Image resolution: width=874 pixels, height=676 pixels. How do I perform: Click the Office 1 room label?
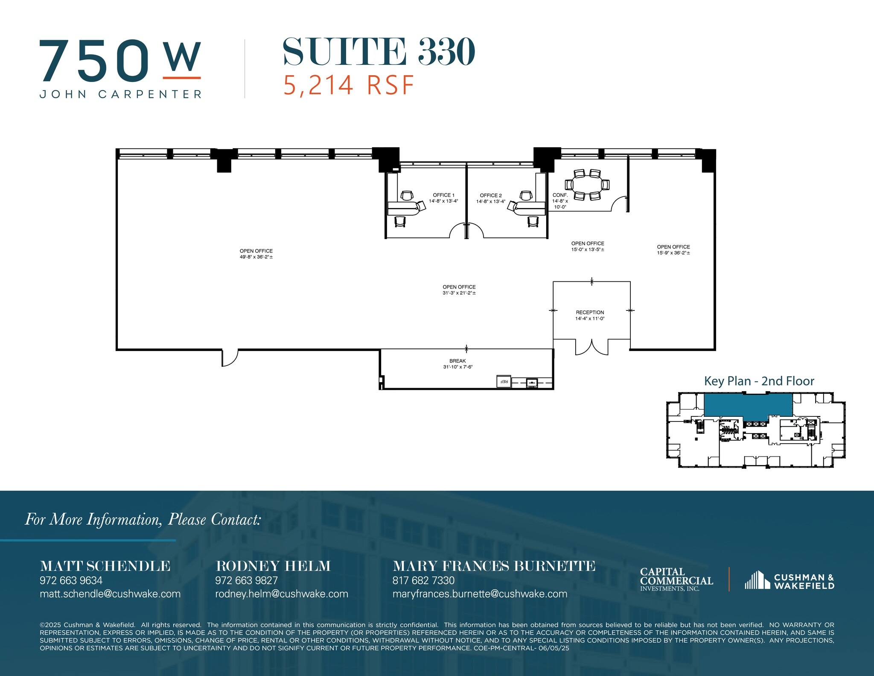pyautogui.click(x=443, y=195)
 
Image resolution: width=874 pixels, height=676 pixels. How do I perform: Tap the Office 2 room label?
pyautogui.click(x=491, y=196)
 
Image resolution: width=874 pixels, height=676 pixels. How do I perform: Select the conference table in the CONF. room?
pyautogui.click(x=587, y=184)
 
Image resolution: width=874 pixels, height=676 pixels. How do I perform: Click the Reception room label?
pyautogui.click(x=590, y=313)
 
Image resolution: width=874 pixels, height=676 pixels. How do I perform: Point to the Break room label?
pyautogui.click(x=457, y=361)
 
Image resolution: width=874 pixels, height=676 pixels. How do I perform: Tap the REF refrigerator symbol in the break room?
pyautogui.click(x=504, y=381)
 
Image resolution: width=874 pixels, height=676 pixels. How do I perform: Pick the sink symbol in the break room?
pyautogui.click(x=531, y=382)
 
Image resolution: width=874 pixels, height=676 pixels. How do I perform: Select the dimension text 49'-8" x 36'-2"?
pyautogui.click(x=256, y=257)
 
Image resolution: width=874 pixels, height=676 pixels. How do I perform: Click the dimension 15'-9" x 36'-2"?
pyautogui.click(x=673, y=253)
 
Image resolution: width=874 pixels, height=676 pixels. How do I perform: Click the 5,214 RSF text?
pyautogui.click(x=349, y=85)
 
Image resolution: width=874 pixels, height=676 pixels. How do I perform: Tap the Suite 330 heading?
pyautogui.click(x=379, y=52)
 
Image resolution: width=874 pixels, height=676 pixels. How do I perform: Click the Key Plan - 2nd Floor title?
pyautogui.click(x=759, y=381)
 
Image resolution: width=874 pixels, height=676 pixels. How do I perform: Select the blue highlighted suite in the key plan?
pyautogui.click(x=748, y=405)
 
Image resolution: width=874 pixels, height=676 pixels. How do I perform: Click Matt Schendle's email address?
pyautogui.click(x=110, y=594)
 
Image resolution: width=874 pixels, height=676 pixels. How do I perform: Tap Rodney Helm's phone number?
pyautogui.click(x=246, y=580)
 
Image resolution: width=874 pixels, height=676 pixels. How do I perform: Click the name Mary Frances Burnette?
pyautogui.click(x=494, y=566)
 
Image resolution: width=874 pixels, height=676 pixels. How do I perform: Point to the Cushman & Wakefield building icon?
pyautogui.click(x=757, y=580)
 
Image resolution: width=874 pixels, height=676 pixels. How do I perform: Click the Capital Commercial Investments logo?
pyautogui.click(x=676, y=579)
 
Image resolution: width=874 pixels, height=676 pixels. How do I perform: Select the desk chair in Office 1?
pyautogui.click(x=407, y=196)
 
